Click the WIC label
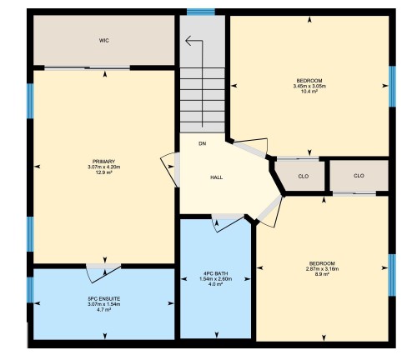(x=104, y=39)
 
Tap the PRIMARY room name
(x=104, y=160)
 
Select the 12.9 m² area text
(x=104, y=172)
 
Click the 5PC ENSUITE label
(x=104, y=298)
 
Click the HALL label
(x=216, y=177)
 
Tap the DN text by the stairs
(x=202, y=143)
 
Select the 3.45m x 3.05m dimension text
(x=309, y=86)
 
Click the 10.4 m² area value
(x=309, y=92)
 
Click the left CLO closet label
(x=304, y=176)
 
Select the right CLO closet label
(x=359, y=176)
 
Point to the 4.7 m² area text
(x=104, y=310)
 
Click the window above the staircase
(x=200, y=12)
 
